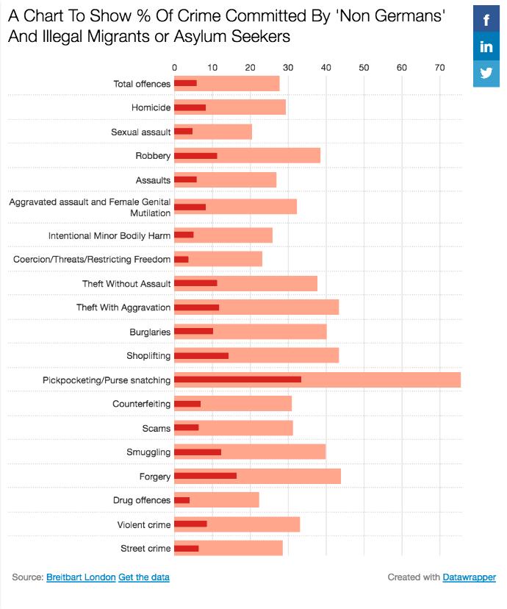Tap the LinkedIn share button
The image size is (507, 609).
[486, 47]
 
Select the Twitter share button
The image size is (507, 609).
[486, 73]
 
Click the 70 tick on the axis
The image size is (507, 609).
[439, 68]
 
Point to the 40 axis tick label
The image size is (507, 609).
[326, 68]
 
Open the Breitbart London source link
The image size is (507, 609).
[81, 577]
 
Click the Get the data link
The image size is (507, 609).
[144, 577]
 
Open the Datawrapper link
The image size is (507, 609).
[469, 577]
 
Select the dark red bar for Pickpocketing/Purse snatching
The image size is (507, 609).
[237, 380]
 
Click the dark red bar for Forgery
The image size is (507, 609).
[205, 476]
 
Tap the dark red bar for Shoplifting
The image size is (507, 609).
[201, 355]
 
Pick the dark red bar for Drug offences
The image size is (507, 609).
[181, 500]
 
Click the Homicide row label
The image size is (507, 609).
[151, 108]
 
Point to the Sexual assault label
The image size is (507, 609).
[141, 132]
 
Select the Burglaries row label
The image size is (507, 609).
[150, 332]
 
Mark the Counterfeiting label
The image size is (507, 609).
[142, 404]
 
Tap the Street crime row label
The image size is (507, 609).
[145, 549]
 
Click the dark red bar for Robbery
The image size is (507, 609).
[195, 156]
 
